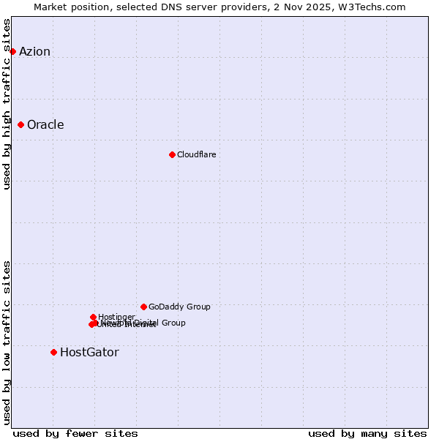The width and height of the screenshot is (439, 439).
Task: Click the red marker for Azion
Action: click(12, 51)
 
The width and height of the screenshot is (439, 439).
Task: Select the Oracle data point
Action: click(20, 125)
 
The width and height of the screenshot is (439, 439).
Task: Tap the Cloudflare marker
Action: click(172, 154)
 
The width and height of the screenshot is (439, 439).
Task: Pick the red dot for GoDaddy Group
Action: click(143, 307)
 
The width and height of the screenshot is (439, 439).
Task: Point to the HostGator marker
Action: click(53, 353)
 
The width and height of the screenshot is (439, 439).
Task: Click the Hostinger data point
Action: click(93, 317)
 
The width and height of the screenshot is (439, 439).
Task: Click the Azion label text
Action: click(34, 51)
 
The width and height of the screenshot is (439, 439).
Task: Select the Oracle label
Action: click(45, 125)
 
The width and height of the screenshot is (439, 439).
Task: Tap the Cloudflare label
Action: click(196, 154)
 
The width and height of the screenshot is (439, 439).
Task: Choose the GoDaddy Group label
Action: click(179, 307)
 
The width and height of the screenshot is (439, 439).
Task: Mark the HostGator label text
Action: click(89, 353)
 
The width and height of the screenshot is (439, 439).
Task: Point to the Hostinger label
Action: click(116, 317)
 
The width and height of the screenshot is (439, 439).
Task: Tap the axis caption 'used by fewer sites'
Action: click(75, 433)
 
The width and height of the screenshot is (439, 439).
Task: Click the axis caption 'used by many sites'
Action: click(367, 433)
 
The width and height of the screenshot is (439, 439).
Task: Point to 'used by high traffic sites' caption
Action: click(7, 104)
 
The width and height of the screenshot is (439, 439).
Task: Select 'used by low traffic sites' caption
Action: click(7, 342)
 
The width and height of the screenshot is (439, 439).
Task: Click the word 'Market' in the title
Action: click(50, 7)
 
